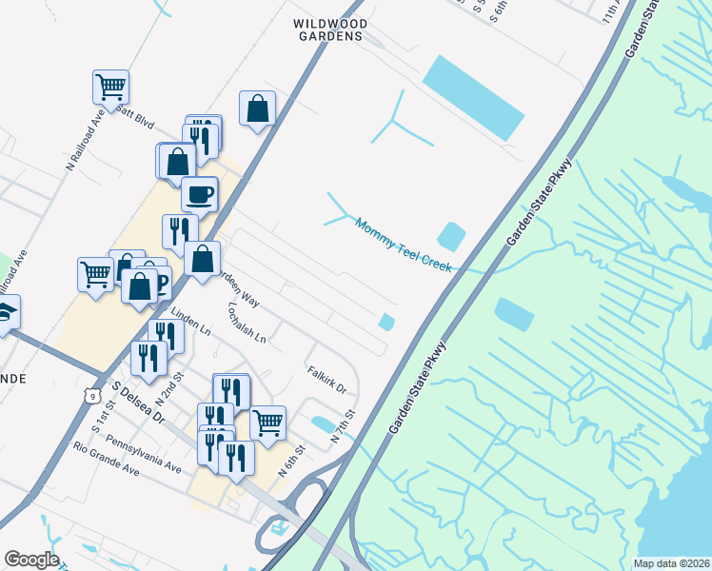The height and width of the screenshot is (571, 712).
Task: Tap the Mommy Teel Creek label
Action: pos(403,246)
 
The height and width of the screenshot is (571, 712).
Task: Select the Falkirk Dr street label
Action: pos(326,381)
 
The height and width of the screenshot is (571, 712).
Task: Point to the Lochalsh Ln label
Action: pos(246,323)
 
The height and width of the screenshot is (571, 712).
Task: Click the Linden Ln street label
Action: pos(190,321)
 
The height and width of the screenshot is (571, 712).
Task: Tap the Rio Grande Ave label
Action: pos(106,458)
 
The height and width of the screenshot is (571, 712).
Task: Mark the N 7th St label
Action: pos(342,427)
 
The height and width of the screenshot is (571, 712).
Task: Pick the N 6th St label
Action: pos(290,462)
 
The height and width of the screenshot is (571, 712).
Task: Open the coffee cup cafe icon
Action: pos(199,194)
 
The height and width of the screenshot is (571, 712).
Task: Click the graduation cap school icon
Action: pos(6,313)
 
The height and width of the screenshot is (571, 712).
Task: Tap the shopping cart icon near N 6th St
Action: pos(268,421)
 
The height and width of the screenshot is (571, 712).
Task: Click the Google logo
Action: pos(31,560)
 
